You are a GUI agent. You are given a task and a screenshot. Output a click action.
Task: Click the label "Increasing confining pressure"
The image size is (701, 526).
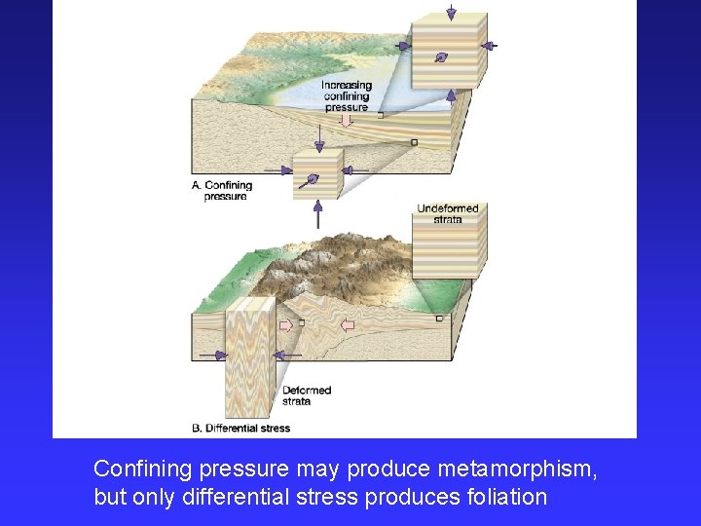pos(347,96)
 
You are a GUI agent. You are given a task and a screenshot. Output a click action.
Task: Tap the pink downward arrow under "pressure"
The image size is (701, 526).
pos(346,120)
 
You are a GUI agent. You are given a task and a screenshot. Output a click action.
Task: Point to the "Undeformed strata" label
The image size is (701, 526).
pos(448,213)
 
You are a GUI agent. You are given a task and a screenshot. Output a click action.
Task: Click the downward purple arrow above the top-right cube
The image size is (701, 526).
pos(450,13)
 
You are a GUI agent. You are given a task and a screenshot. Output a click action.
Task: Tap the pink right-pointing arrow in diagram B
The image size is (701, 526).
pos(286,324)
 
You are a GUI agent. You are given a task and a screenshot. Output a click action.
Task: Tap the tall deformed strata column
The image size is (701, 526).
pos(249,360)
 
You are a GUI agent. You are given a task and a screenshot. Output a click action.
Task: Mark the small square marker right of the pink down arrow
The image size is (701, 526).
pos(380,115)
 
